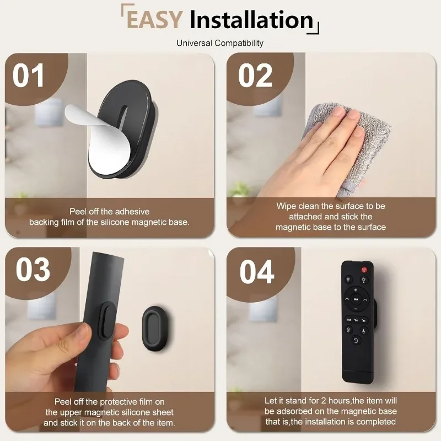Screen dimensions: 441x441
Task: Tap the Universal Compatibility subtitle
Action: click(220, 43)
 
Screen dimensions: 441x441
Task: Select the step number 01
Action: click(29, 76)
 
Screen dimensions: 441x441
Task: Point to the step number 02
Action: click(255, 76)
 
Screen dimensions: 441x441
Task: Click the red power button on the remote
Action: click(364, 270)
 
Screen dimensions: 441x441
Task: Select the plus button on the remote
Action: click(356, 290)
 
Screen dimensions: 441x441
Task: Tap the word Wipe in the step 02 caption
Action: click(286, 206)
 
